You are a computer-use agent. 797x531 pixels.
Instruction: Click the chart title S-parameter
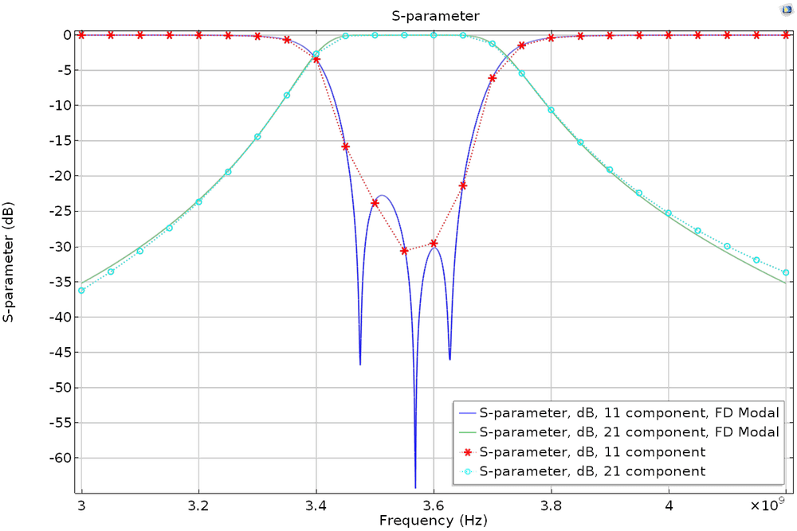pyautogui.click(x=434, y=15)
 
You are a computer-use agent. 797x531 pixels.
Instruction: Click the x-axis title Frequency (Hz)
pyautogui.click(x=434, y=521)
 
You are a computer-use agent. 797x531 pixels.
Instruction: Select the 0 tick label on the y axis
pyautogui.click(x=69, y=35)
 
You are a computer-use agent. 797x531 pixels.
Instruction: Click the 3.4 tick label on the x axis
pyautogui.click(x=316, y=505)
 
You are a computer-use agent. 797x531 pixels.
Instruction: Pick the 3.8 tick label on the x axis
pyautogui.click(x=552, y=505)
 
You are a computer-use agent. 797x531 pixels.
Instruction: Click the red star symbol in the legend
pyautogui.click(x=469, y=452)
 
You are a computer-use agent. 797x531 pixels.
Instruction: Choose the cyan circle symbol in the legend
pyautogui.click(x=469, y=471)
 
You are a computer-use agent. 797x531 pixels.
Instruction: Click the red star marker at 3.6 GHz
pyautogui.click(x=434, y=244)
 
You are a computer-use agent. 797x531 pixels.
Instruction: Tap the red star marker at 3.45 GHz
pyautogui.click(x=346, y=146)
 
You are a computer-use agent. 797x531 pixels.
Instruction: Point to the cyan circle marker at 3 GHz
pyautogui.click(x=81, y=290)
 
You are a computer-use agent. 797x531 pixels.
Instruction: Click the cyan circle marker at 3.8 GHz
pyautogui.click(x=551, y=110)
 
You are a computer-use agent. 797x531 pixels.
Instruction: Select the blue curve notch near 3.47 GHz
pyautogui.click(x=360, y=363)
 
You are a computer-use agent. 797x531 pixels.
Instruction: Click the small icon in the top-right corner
pyautogui.click(x=785, y=10)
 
